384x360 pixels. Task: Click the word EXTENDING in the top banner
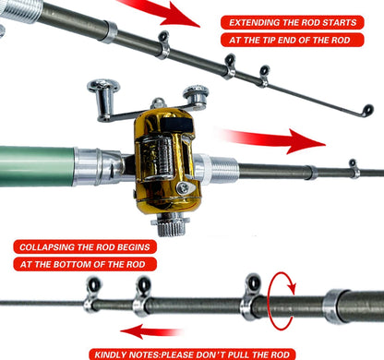[257, 22]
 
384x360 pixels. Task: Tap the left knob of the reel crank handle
[102, 90]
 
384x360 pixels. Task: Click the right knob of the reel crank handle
[195, 95]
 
